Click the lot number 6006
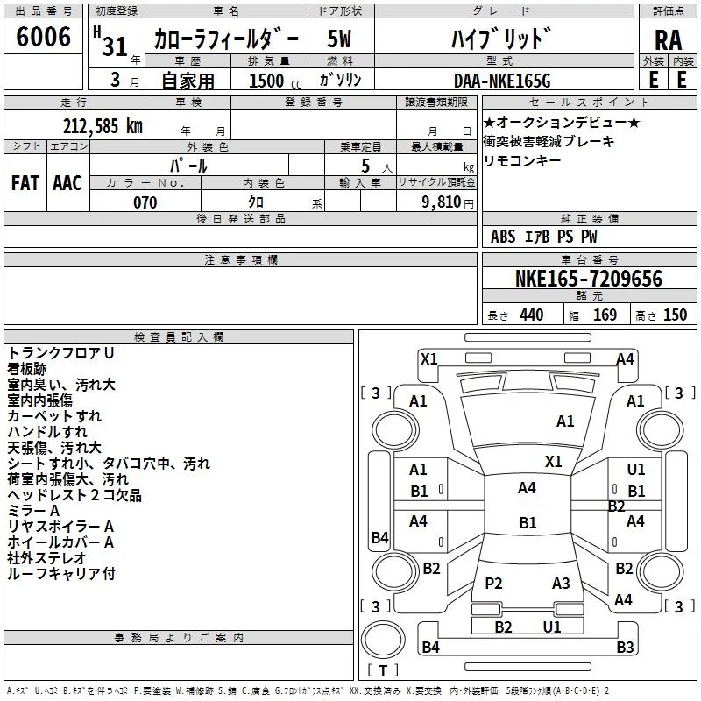[44, 37]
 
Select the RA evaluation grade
[668, 40]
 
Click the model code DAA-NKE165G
[502, 81]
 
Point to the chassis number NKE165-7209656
[588, 279]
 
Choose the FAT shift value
[25, 182]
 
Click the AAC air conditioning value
[67, 182]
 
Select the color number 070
[145, 202]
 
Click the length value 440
[531, 315]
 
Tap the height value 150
[675, 315]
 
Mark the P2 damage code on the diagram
[494, 583]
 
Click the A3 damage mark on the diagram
[561, 583]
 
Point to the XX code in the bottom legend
[355, 690]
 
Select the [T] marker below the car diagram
[383, 671]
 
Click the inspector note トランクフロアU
[60, 352]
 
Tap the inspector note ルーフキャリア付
[60, 574]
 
